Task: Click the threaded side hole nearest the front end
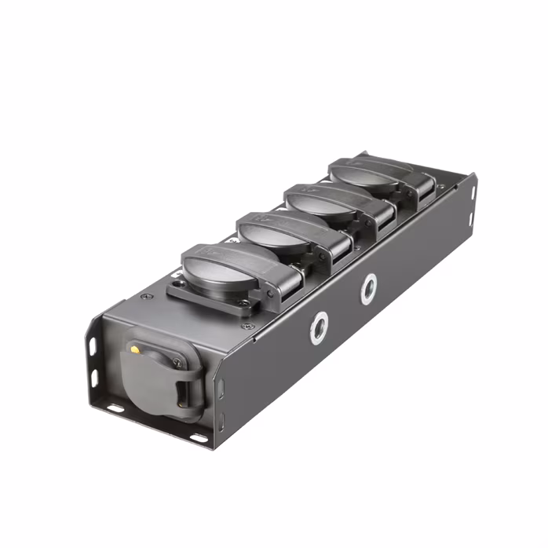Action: [x=319, y=327]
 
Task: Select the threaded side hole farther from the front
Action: [x=368, y=289]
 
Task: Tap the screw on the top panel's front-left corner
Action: [x=145, y=297]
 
